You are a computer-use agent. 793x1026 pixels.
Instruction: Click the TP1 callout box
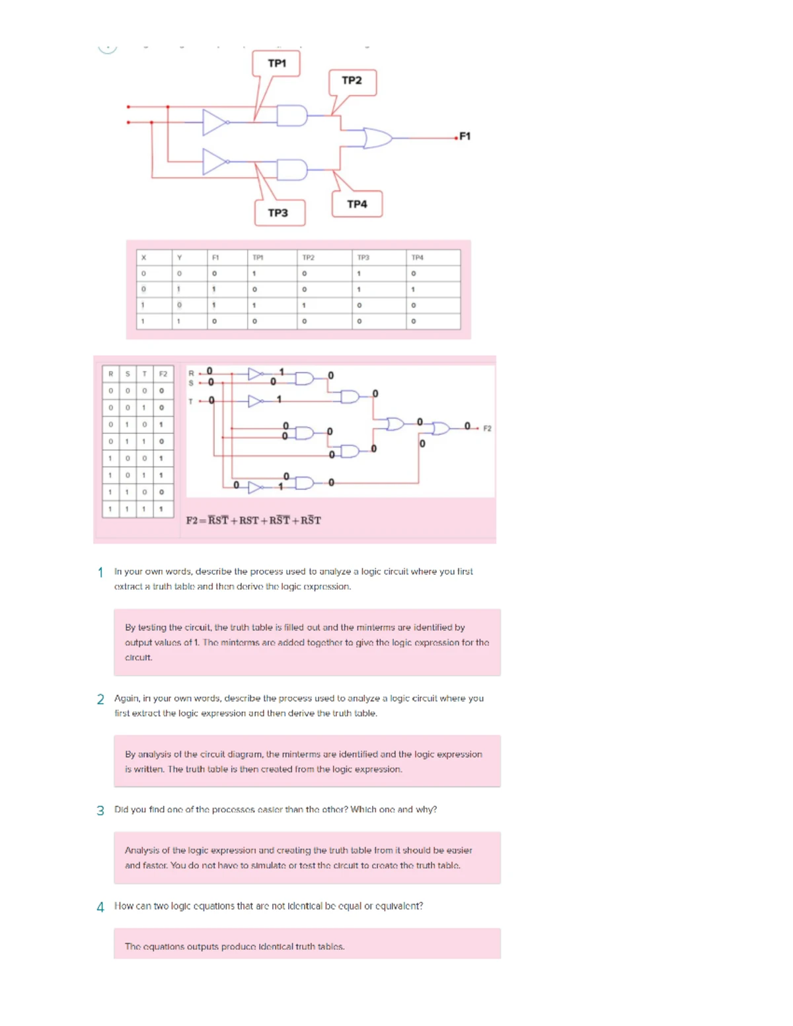tap(277, 63)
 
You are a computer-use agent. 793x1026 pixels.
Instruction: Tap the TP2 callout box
tap(352, 81)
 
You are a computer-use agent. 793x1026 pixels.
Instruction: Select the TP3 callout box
tap(278, 213)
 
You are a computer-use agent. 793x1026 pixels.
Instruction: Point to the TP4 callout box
tap(357, 204)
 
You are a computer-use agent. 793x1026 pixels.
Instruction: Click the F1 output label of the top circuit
tap(465, 136)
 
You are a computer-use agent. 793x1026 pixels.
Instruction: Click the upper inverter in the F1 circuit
tap(215, 122)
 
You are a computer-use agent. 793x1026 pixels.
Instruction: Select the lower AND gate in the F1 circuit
tap(291, 170)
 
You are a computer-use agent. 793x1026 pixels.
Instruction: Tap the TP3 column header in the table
tap(363, 258)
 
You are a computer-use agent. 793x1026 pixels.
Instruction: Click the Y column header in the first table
tap(179, 258)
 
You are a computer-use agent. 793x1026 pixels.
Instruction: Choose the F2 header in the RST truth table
tap(163, 374)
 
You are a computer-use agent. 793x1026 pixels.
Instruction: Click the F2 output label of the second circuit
tap(487, 429)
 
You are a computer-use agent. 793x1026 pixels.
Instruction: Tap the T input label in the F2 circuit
tap(191, 401)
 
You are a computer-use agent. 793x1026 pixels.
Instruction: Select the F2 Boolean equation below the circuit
tap(253, 521)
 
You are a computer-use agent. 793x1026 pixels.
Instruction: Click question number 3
tap(100, 811)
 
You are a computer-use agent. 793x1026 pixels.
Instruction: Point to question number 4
tap(100, 907)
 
